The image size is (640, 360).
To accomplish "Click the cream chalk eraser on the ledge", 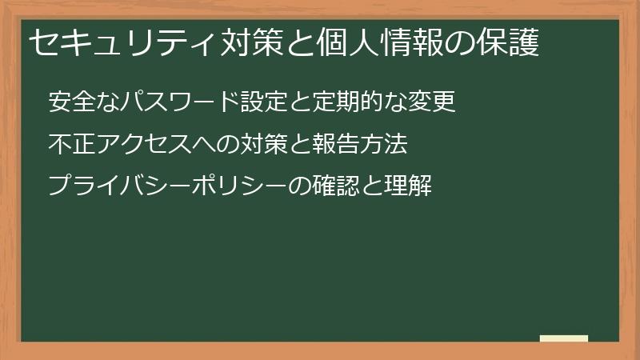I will point(564,338).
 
